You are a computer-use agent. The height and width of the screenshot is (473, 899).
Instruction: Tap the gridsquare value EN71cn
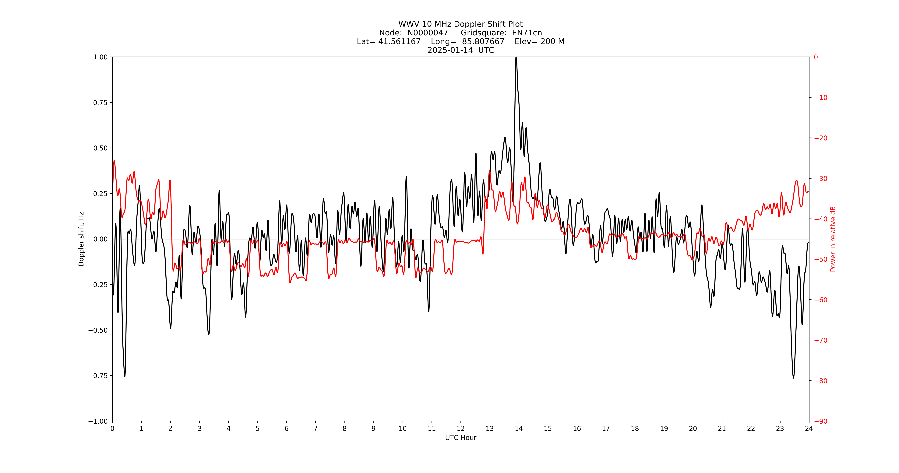pos(527,33)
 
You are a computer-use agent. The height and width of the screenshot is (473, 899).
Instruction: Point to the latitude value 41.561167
pos(399,41)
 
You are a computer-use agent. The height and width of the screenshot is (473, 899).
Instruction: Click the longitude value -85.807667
pos(482,41)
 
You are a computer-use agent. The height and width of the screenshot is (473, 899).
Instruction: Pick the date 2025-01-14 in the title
pos(450,50)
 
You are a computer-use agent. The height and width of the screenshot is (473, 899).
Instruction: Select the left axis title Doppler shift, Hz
pos(81,239)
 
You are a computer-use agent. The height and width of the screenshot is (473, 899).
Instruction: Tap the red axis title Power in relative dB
pos(833,239)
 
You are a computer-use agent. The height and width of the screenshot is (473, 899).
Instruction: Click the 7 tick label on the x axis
pos(316,428)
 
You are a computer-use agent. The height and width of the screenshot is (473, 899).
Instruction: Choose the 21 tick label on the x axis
pos(722,428)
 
